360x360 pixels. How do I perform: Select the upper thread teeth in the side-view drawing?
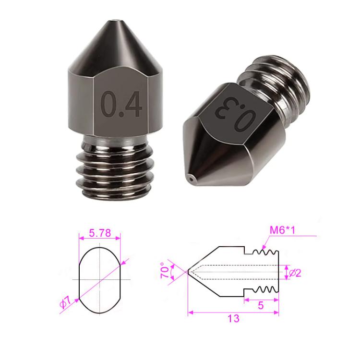(x=263, y=252)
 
